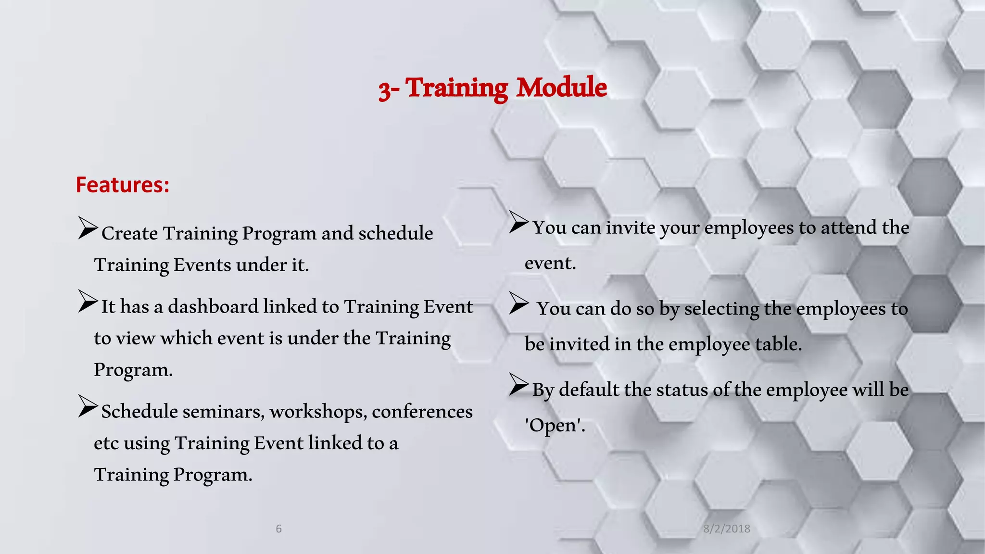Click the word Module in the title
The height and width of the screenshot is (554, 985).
(x=561, y=88)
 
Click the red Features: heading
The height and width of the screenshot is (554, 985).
(x=123, y=185)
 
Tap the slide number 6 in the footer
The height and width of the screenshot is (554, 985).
(x=278, y=529)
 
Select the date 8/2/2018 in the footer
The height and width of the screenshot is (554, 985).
(x=726, y=529)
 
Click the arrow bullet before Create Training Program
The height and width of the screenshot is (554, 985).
(x=88, y=228)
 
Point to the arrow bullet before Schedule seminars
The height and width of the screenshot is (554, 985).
(x=88, y=406)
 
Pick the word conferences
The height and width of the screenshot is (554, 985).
(x=422, y=412)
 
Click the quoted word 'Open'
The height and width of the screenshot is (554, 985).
(x=554, y=426)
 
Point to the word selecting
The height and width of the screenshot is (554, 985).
(x=721, y=309)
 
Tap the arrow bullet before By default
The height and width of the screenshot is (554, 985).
(x=518, y=384)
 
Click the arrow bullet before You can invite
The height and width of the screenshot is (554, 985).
(x=518, y=222)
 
